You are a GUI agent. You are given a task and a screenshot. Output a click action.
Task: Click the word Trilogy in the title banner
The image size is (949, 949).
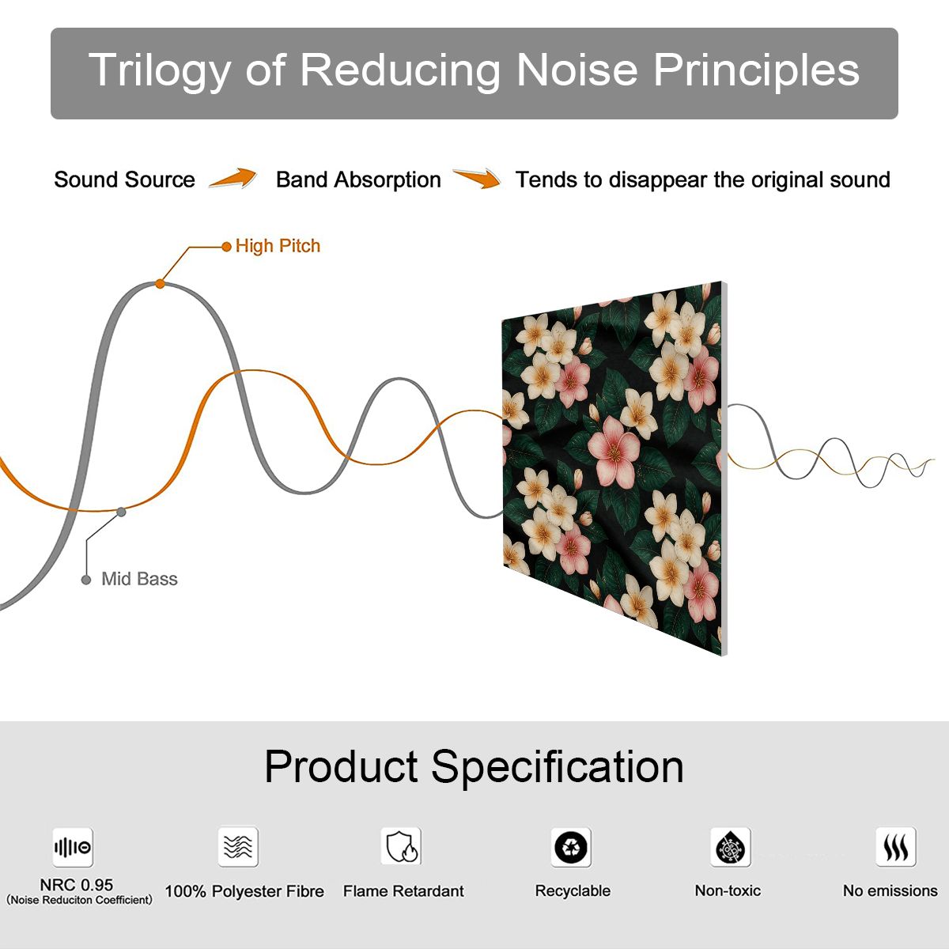click(159, 70)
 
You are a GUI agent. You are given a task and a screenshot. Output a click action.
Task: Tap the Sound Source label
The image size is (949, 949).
click(125, 180)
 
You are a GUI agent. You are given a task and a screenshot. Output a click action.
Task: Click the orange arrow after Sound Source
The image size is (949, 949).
click(233, 177)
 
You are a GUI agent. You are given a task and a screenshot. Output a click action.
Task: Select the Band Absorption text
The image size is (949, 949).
click(358, 180)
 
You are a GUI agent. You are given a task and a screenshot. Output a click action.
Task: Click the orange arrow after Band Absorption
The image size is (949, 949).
click(477, 178)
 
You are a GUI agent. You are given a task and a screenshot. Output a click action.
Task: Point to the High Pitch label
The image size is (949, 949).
click(278, 246)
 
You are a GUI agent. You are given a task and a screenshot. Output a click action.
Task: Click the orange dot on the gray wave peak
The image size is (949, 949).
click(160, 284)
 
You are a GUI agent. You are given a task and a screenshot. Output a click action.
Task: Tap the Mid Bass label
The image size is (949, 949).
click(139, 579)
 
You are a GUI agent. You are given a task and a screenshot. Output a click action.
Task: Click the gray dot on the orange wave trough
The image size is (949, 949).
click(121, 512)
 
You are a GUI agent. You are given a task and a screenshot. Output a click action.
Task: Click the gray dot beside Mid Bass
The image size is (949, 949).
click(86, 580)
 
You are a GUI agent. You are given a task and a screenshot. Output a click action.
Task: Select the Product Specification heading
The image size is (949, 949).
click(474, 766)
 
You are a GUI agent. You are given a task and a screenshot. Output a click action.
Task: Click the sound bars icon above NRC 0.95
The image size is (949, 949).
click(73, 847)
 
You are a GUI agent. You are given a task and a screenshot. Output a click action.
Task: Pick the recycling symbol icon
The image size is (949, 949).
click(571, 847)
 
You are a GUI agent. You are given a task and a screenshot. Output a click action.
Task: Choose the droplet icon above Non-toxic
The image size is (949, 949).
click(731, 847)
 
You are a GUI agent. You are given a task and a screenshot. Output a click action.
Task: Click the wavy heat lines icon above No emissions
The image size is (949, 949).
click(896, 847)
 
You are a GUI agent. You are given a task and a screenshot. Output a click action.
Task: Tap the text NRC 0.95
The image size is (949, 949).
click(77, 885)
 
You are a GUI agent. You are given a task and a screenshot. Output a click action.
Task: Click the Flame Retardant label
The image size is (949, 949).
click(403, 891)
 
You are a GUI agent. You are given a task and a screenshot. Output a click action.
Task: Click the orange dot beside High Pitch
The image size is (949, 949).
click(226, 247)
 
